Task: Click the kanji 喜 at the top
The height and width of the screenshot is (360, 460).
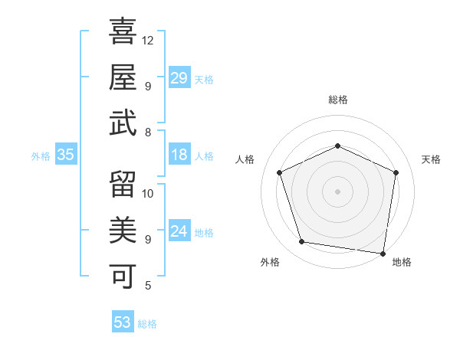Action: click(123, 32)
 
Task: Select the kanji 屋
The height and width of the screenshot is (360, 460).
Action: click(123, 77)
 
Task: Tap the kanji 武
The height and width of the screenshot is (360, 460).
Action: click(123, 123)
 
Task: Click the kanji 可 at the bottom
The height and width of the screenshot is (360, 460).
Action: click(123, 273)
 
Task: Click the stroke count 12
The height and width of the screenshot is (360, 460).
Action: click(148, 40)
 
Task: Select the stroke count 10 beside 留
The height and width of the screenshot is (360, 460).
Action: click(149, 193)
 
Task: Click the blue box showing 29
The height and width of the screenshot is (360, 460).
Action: click(179, 78)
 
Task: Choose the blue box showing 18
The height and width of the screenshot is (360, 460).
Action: click(179, 155)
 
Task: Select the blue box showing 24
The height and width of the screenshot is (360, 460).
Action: click(179, 231)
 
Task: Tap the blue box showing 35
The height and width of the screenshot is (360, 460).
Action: click(66, 155)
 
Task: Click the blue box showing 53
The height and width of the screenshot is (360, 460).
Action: click(122, 322)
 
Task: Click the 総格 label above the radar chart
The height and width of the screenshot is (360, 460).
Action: click(337, 100)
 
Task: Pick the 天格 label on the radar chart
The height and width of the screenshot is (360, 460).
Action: click(431, 159)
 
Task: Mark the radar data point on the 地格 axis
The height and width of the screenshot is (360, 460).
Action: click(383, 253)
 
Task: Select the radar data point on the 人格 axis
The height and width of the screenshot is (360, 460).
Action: click(281, 172)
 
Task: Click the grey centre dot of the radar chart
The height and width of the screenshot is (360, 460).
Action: click(337, 191)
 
